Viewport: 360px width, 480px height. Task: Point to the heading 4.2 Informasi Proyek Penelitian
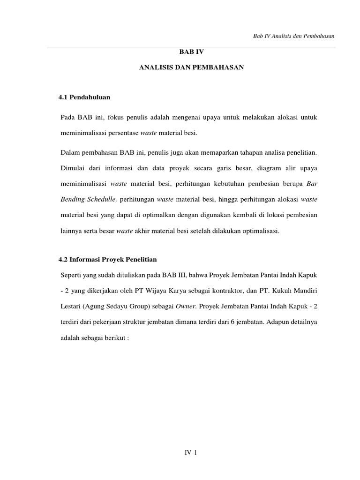pos(107,259)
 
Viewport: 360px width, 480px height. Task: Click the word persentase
pos(123,133)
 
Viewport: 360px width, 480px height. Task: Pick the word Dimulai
pos(73,167)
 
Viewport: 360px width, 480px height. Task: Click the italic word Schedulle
pos(100,200)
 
